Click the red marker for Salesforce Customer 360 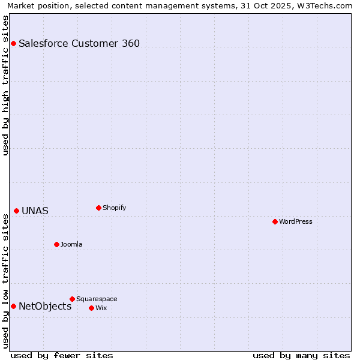tap(13, 43)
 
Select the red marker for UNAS tap(16, 211)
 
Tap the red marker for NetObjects tap(13, 306)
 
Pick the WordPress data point tap(275, 221)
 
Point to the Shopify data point tap(98, 208)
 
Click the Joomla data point tap(56, 244)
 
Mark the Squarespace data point tap(72, 299)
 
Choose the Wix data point tap(91, 308)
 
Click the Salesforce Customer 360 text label tap(79, 43)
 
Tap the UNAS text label tap(35, 211)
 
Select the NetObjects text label tap(45, 307)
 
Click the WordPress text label tap(296, 222)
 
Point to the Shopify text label tap(114, 208)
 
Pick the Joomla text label tap(71, 245)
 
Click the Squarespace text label tap(97, 299)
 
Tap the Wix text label tap(101, 308)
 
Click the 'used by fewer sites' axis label tap(62, 355)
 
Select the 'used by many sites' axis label tap(301, 355)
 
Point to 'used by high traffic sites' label tap(5, 85)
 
